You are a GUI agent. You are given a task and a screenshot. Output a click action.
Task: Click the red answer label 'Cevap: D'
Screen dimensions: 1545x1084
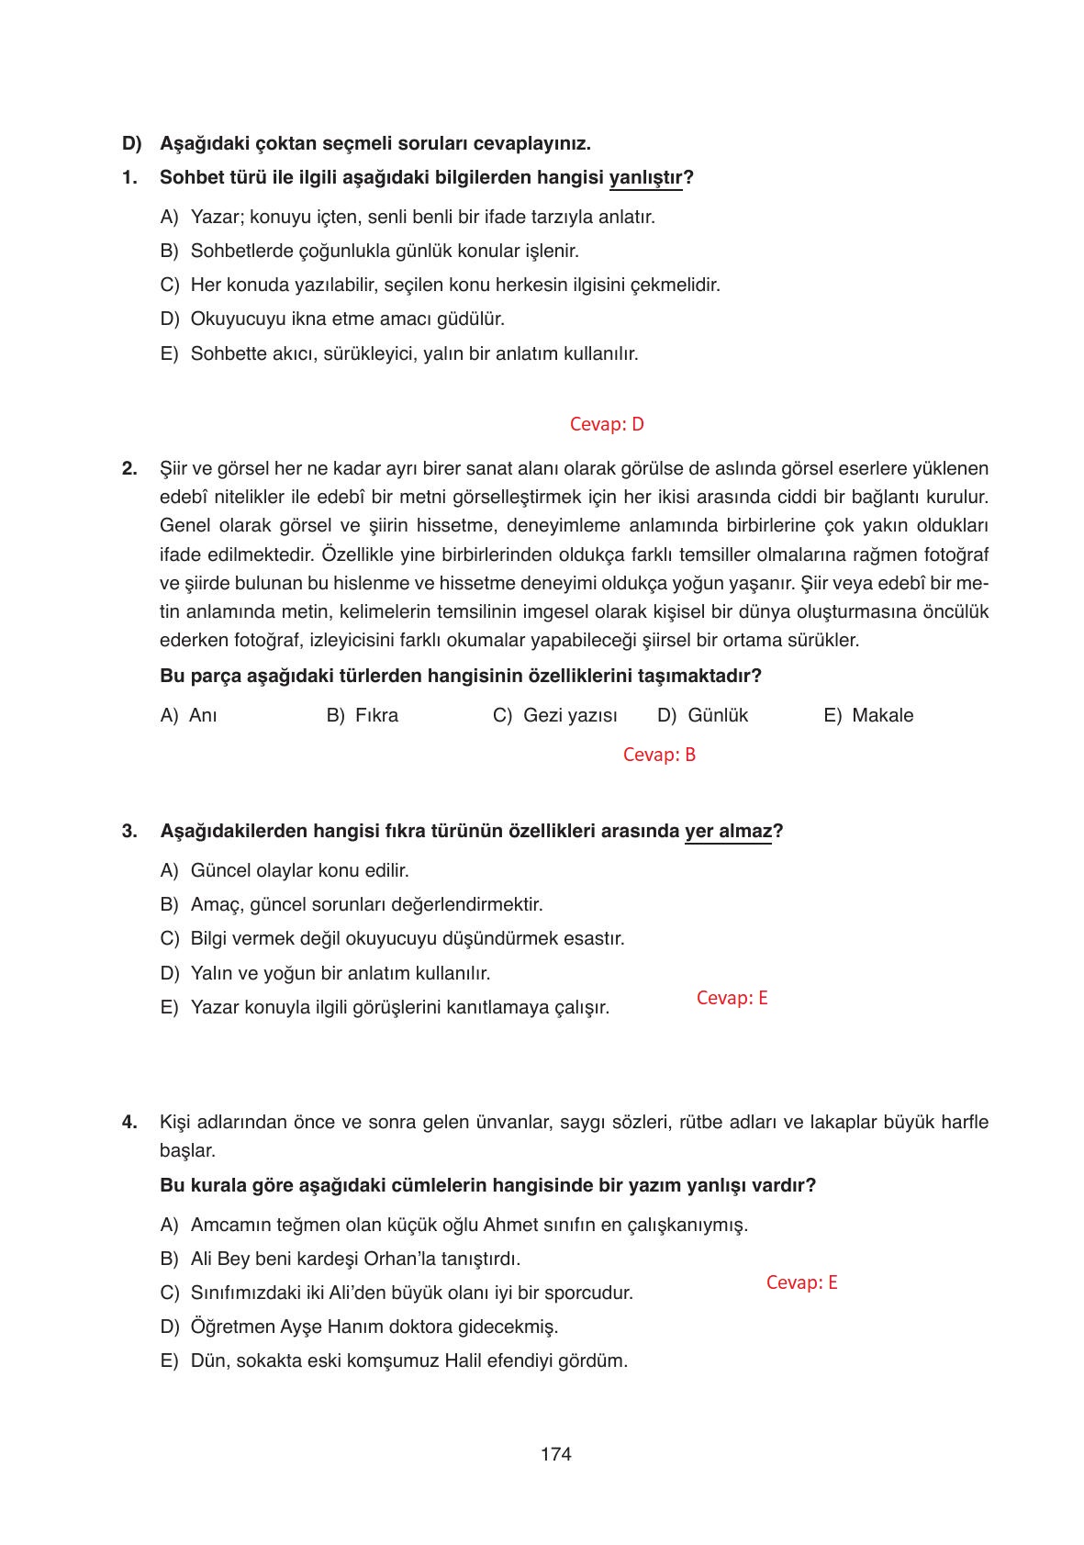point(607,424)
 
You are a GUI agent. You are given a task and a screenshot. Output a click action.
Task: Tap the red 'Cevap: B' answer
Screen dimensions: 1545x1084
point(659,755)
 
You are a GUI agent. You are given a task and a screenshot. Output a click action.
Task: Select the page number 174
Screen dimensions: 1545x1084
point(556,1454)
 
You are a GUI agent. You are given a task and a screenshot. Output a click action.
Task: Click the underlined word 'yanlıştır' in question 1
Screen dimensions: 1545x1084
point(646,177)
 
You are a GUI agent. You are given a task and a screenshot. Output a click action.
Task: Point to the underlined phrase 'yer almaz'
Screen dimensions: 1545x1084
point(728,831)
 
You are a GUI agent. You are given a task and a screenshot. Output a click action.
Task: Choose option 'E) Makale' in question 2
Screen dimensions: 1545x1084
point(868,715)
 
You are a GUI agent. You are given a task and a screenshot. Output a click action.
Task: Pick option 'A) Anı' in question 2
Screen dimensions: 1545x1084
point(189,715)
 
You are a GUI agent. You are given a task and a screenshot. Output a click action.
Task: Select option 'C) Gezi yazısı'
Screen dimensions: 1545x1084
point(555,715)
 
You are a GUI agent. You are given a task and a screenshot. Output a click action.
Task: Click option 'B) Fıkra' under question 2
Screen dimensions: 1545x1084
point(363,715)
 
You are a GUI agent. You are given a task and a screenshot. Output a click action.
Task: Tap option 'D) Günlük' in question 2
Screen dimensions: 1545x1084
point(703,715)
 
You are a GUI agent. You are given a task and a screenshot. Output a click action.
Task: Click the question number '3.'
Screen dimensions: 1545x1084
point(129,831)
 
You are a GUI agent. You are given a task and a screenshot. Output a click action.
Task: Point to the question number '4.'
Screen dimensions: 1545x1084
point(129,1122)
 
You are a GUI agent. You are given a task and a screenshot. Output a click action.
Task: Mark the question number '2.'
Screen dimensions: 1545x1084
point(129,468)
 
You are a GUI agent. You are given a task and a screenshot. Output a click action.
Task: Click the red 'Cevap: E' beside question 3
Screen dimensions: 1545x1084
point(732,998)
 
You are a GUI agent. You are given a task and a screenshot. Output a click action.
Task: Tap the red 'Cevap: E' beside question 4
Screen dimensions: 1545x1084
point(801,1282)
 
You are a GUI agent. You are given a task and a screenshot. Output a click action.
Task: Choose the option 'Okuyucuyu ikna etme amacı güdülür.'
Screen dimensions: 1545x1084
point(348,319)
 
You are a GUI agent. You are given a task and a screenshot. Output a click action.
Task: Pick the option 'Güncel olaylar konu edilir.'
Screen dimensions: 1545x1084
point(300,869)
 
